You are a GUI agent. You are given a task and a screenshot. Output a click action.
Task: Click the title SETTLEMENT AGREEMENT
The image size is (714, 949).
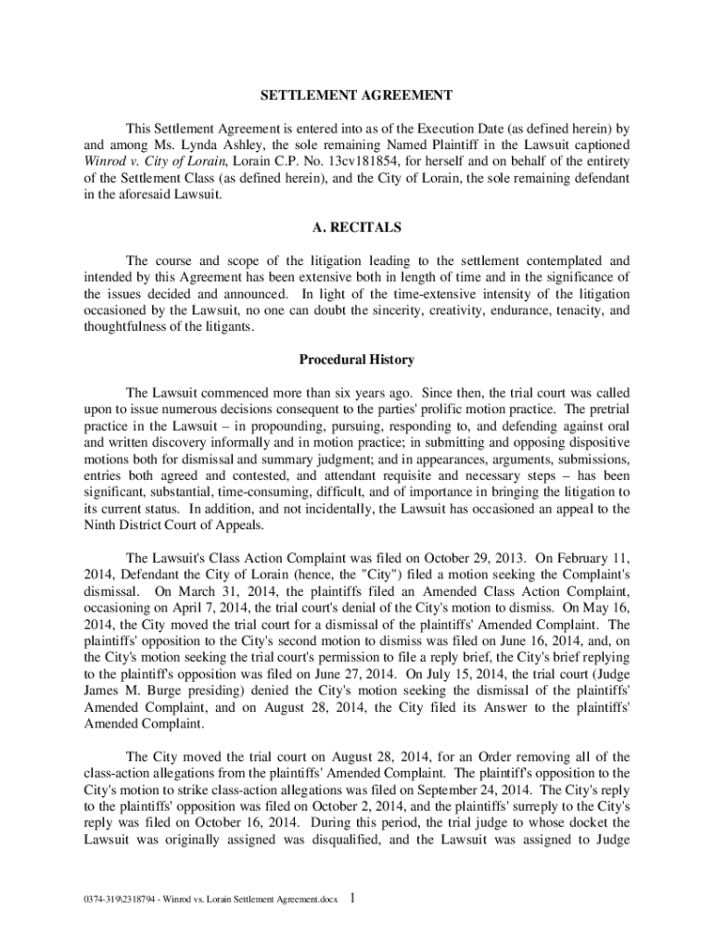(356, 95)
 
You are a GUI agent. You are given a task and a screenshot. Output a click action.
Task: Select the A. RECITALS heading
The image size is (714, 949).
(356, 226)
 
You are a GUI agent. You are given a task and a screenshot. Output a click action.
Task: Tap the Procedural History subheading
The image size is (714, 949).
(356, 359)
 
